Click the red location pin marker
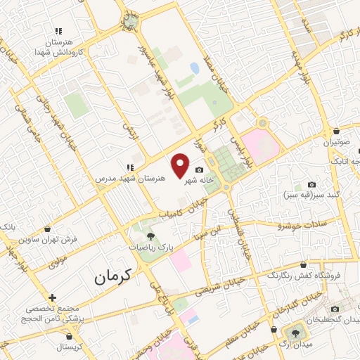[181, 165]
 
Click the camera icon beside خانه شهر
[199, 170]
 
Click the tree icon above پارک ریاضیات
[150, 236]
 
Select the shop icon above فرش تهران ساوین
[46, 229]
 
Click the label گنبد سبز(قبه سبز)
[313, 194]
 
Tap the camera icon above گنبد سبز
[312, 184]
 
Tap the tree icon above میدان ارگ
[294, 333]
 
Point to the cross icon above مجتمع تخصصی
[51, 298]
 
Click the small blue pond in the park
[193, 69]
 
